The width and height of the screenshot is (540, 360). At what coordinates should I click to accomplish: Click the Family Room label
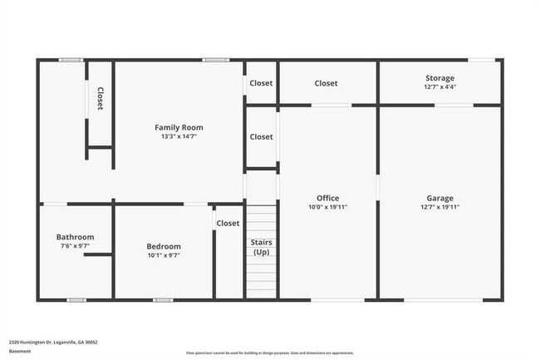pos(179,127)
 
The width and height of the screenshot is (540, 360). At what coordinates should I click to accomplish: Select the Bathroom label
pos(75,237)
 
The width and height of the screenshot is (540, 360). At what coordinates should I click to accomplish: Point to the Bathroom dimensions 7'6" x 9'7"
pos(75,246)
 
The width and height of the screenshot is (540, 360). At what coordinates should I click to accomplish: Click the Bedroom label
pos(163,246)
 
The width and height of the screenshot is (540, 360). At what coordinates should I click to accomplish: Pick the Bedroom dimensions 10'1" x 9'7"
pos(163,255)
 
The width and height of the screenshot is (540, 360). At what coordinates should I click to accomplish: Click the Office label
pos(327,198)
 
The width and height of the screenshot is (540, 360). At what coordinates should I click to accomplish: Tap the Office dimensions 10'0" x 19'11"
pos(327,207)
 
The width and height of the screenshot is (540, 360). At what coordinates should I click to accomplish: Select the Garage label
pos(439,198)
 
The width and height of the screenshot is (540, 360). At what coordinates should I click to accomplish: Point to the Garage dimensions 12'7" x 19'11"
pos(439,207)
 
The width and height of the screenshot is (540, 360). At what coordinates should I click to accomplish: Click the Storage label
pos(439,77)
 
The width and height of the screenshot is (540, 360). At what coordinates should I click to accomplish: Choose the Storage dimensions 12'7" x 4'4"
pos(439,86)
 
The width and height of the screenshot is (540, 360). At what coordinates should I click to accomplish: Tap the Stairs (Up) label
pos(261,247)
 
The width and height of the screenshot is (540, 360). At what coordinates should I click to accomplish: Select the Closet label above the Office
pos(326,83)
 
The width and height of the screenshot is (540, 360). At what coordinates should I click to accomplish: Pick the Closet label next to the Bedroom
pos(228,223)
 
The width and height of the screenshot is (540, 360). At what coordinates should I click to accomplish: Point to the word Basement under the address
pos(20,351)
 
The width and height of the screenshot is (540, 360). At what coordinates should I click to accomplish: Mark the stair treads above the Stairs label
pos(261,220)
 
